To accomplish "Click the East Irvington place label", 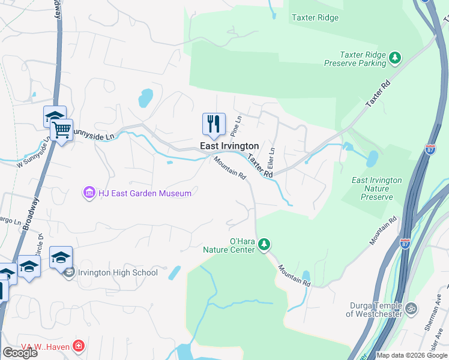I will tap(229, 146).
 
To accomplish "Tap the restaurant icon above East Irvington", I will tap(214, 124).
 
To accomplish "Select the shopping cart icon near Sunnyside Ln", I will tap(62, 129).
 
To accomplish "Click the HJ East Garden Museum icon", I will tap(89, 193).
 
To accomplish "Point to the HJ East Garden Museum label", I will tap(145, 193).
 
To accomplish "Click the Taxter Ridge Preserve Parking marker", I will tap(395, 58).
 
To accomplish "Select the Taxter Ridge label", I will tap(315, 18).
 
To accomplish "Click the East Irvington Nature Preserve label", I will tap(376, 188).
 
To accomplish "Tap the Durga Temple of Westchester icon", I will tap(411, 309).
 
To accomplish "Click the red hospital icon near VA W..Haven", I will tap(78, 346).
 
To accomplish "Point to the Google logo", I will tap(20, 353).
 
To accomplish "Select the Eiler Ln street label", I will tap(271, 158).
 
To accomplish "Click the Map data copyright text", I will tap(412, 355).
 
